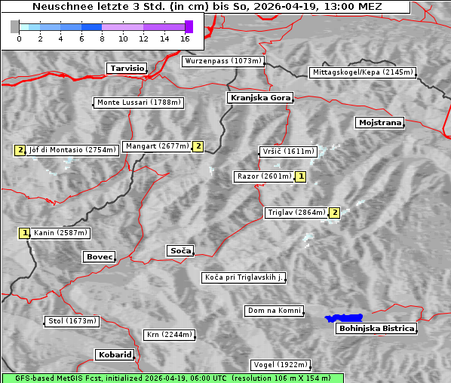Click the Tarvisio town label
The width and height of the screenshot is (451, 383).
click(x=126, y=68)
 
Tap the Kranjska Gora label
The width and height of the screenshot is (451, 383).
click(x=259, y=98)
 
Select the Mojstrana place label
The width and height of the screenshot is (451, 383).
click(x=379, y=122)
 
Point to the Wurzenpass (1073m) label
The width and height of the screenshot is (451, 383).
click(x=223, y=61)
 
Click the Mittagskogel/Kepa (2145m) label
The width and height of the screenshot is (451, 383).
click(x=362, y=72)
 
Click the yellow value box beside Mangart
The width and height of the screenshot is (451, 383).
click(x=198, y=146)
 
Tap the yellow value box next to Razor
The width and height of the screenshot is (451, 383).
click(x=301, y=176)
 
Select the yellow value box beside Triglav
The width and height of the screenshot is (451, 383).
click(x=334, y=213)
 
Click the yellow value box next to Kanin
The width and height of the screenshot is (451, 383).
click(x=25, y=233)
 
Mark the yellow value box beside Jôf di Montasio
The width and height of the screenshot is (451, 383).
click(x=20, y=150)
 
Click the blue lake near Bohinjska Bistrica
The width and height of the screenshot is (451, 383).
click(x=343, y=318)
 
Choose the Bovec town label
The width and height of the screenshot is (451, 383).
click(x=99, y=257)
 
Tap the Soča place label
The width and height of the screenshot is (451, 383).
click(x=180, y=250)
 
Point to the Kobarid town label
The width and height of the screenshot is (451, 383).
click(x=115, y=354)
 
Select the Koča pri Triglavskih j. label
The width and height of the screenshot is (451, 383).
click(x=244, y=278)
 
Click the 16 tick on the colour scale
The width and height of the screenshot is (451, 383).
click(x=186, y=38)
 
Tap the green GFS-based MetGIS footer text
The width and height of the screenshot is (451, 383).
click(x=172, y=378)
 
